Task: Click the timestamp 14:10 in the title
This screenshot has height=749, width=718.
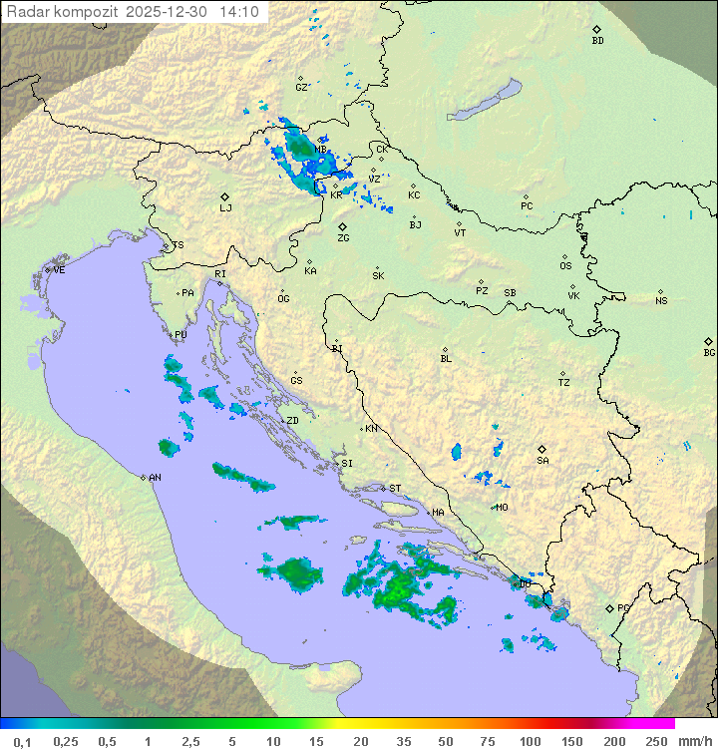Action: click(x=240, y=12)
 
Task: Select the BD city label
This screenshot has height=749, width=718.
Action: click(x=597, y=41)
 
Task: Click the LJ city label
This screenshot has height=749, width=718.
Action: click(x=225, y=207)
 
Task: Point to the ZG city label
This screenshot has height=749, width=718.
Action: click(x=343, y=238)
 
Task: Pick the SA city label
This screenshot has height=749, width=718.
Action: click(x=542, y=460)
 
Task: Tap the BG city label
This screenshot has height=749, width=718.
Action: click(x=709, y=352)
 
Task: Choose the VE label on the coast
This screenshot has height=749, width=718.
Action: click(x=59, y=270)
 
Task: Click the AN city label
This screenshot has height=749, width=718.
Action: click(x=155, y=478)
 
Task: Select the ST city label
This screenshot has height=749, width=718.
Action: click(x=395, y=489)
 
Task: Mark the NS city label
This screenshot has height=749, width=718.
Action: click(x=661, y=301)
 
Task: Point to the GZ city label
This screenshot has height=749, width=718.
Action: click(x=301, y=87)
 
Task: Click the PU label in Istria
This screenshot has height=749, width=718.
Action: click(x=180, y=335)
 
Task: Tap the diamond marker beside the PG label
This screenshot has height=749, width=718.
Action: click(x=609, y=607)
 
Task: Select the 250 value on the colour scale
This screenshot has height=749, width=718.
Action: click(x=655, y=741)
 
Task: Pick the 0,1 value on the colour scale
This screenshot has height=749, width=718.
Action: click(x=22, y=741)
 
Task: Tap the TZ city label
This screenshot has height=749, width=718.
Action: click(x=564, y=382)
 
